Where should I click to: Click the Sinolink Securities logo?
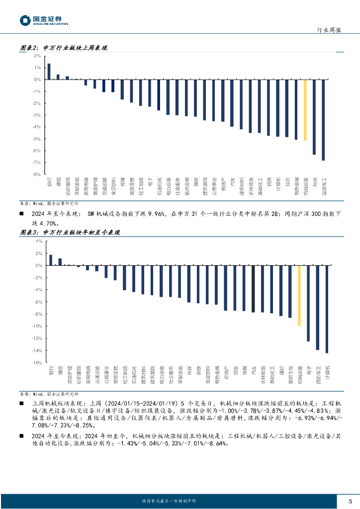tap(44, 20)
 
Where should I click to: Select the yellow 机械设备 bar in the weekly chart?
tap(305, 110)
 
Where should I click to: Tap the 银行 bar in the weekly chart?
tap(49, 72)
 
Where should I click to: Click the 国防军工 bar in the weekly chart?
tap(323, 120)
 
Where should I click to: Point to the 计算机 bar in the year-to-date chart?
tap(327, 309)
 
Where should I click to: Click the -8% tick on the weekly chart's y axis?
tap(37, 174)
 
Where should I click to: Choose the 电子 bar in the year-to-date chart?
tap(308, 303)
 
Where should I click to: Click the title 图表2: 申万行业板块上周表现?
tap(63, 48)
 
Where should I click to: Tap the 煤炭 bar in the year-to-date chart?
tap(60, 262)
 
